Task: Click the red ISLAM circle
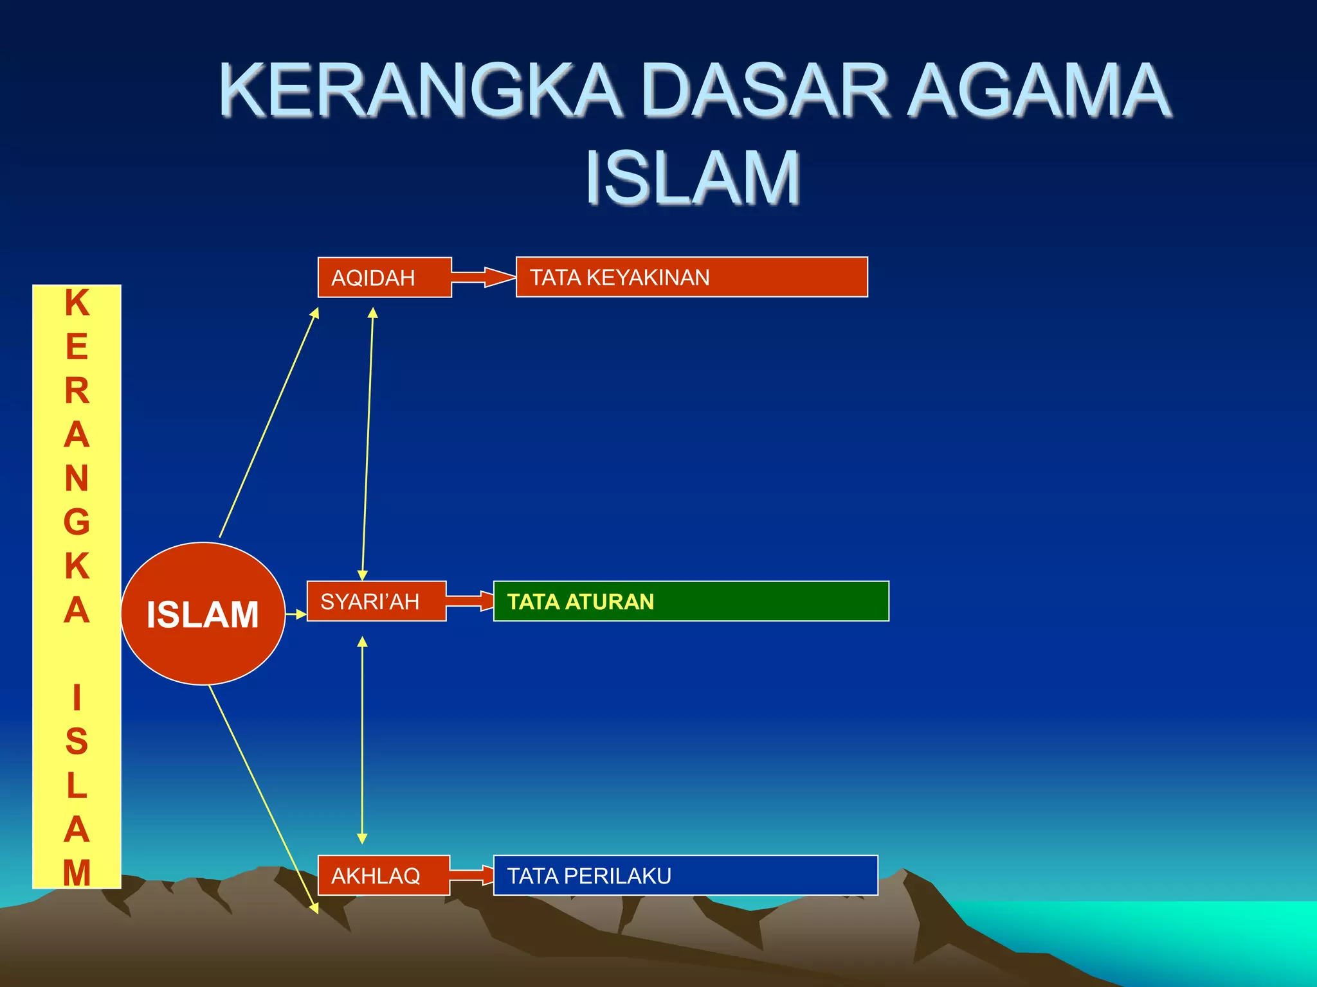point(203,614)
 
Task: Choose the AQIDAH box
point(385,278)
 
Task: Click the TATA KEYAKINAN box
point(691,277)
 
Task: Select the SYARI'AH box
point(376,601)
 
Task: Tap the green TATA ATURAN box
point(691,601)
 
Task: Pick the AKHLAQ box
point(383,875)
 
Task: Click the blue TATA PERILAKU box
point(685,875)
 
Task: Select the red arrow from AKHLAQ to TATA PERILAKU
point(471,875)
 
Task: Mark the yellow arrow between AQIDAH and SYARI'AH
point(367,443)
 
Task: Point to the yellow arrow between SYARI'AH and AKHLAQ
point(362,739)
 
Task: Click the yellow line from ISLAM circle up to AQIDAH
point(269,423)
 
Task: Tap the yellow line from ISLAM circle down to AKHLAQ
point(262,797)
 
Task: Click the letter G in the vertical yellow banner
point(77,522)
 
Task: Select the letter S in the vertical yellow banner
point(77,742)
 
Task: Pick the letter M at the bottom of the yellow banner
point(77,873)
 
